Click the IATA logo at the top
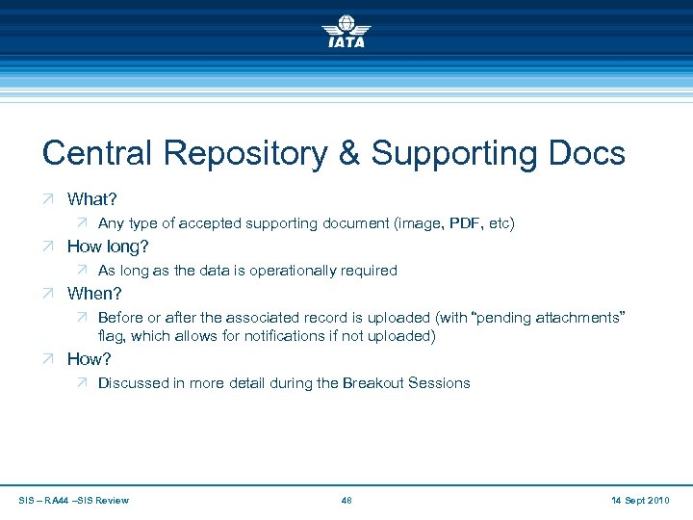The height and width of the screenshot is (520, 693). click(x=346, y=32)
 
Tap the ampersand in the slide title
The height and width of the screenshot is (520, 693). click(x=353, y=153)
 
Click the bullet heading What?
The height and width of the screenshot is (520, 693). click(x=91, y=199)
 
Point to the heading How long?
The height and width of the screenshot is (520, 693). click(x=108, y=247)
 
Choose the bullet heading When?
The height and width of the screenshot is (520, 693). click(x=94, y=294)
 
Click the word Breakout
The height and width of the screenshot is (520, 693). click(x=373, y=383)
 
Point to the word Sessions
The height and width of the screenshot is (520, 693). click(x=439, y=383)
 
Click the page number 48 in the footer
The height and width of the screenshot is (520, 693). click(x=346, y=500)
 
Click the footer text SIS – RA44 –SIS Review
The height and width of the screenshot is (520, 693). click(x=74, y=500)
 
